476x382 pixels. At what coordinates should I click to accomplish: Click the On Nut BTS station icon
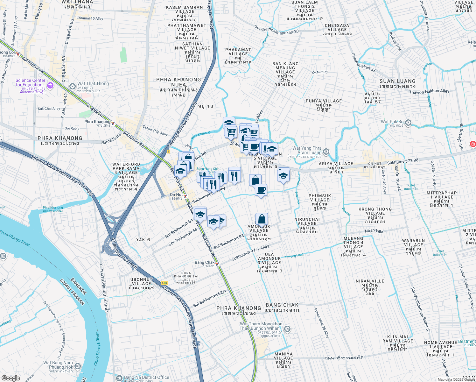pos(185,196)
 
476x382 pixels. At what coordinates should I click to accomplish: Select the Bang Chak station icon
pos(217,264)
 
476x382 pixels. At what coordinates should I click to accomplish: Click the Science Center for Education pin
pos(50,85)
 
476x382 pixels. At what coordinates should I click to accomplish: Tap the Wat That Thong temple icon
pos(73,86)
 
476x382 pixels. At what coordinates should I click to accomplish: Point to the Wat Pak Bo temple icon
pos(409,123)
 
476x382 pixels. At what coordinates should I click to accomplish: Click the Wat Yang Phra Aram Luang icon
pos(326,152)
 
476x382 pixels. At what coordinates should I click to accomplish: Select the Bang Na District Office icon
pos(119,378)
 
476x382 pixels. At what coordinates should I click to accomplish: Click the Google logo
pos(10,378)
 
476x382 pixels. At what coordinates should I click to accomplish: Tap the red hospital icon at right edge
pos(473,144)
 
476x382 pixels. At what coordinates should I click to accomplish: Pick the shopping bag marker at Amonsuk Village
pos(262,220)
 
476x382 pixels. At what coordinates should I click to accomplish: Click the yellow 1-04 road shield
pos(164,283)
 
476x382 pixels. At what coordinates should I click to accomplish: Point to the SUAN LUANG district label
pos(397,83)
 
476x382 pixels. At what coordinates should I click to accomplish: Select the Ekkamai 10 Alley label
pos(90,18)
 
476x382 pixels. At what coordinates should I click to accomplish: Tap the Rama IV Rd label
pos(111,139)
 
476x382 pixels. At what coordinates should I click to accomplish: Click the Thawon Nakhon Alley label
pos(429,92)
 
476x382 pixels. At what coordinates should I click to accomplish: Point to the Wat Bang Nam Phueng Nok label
pos(58,365)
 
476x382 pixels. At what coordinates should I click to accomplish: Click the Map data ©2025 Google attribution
pos(456,379)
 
